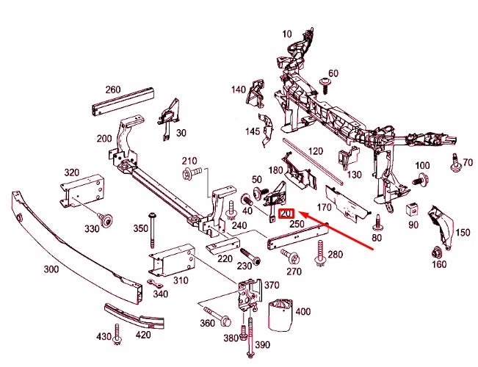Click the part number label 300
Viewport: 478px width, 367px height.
pyautogui.click(x=51, y=269)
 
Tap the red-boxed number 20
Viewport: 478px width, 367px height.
pyautogui.click(x=287, y=214)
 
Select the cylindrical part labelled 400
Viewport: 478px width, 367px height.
pyautogui.click(x=279, y=315)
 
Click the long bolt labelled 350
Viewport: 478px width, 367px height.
pyautogui.click(x=152, y=229)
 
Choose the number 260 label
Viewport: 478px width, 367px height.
pyautogui.click(x=112, y=90)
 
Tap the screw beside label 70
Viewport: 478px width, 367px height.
pyautogui.click(x=454, y=161)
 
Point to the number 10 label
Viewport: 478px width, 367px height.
pyautogui.click(x=286, y=33)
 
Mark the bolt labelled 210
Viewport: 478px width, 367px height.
pyautogui.click(x=187, y=173)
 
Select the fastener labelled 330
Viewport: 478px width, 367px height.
pyautogui.click(x=106, y=217)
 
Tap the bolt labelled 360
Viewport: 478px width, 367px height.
pyautogui.click(x=223, y=321)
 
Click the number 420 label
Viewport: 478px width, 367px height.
pyautogui.click(x=142, y=335)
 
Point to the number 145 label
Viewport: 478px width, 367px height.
pyautogui.click(x=253, y=131)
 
